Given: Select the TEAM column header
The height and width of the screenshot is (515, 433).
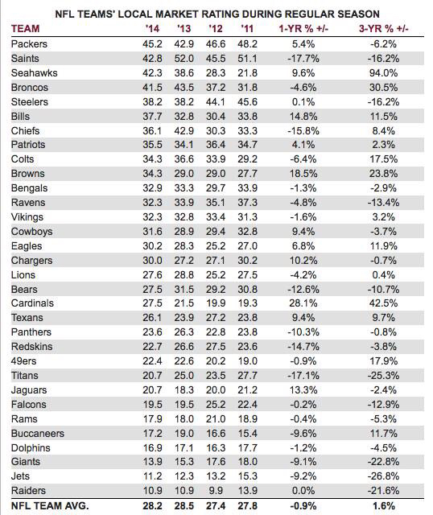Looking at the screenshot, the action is click(x=25, y=29).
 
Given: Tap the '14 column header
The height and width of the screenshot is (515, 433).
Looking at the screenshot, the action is click(x=152, y=29).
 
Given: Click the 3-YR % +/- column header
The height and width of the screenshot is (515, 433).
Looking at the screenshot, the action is click(x=383, y=29).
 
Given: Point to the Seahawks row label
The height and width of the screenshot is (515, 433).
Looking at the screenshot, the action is click(x=34, y=73).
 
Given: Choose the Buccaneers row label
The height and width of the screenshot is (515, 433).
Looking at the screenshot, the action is click(x=38, y=434).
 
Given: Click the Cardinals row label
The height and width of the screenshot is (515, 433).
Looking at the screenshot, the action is click(x=32, y=303).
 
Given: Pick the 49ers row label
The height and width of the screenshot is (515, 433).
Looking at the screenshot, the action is click(x=23, y=361).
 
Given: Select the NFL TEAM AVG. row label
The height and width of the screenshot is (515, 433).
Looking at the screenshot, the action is click(x=50, y=506).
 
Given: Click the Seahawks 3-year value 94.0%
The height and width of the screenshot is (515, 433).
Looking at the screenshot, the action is click(x=383, y=73).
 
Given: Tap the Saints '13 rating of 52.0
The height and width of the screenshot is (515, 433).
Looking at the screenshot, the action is click(x=184, y=59).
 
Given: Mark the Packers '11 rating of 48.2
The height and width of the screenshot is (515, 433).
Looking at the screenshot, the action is click(x=247, y=44).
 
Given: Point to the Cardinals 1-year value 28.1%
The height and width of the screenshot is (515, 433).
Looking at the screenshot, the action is click(x=303, y=303).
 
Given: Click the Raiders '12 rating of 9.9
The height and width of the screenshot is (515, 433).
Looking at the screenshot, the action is click(x=216, y=491).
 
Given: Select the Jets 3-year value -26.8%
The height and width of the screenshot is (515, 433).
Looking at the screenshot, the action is click(x=383, y=476).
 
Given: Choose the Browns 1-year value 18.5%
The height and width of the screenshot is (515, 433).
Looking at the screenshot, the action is click(x=303, y=174).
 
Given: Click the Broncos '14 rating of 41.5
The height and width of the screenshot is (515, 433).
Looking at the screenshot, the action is click(x=152, y=88).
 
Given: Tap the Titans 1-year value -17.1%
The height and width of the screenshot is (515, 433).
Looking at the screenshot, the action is click(x=303, y=376).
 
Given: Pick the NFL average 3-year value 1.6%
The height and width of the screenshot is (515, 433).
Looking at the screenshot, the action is click(x=383, y=506).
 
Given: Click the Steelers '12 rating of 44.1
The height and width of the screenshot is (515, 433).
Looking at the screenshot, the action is click(x=216, y=102).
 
